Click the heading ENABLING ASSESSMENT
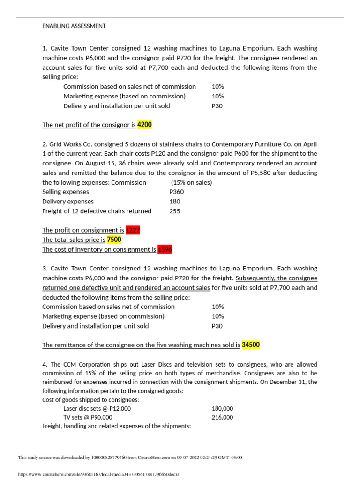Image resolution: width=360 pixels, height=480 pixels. click(74, 26)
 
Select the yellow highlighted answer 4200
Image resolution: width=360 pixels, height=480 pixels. click(145, 125)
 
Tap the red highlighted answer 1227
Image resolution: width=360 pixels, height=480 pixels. click(133, 230)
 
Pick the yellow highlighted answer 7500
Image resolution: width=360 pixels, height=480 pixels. click(114, 240)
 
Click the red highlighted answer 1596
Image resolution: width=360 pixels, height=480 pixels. click(165, 249)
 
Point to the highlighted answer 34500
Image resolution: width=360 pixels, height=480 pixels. click(251, 345)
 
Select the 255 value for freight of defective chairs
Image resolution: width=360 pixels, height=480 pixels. click(175, 211)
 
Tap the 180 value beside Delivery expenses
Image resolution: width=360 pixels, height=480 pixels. click(175, 202)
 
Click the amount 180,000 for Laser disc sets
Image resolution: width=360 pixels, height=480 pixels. click(222, 408)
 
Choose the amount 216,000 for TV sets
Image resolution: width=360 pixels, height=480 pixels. click(222, 418)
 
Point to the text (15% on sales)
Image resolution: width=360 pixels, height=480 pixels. click(191, 182)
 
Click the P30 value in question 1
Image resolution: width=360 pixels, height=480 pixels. click(217, 106)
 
